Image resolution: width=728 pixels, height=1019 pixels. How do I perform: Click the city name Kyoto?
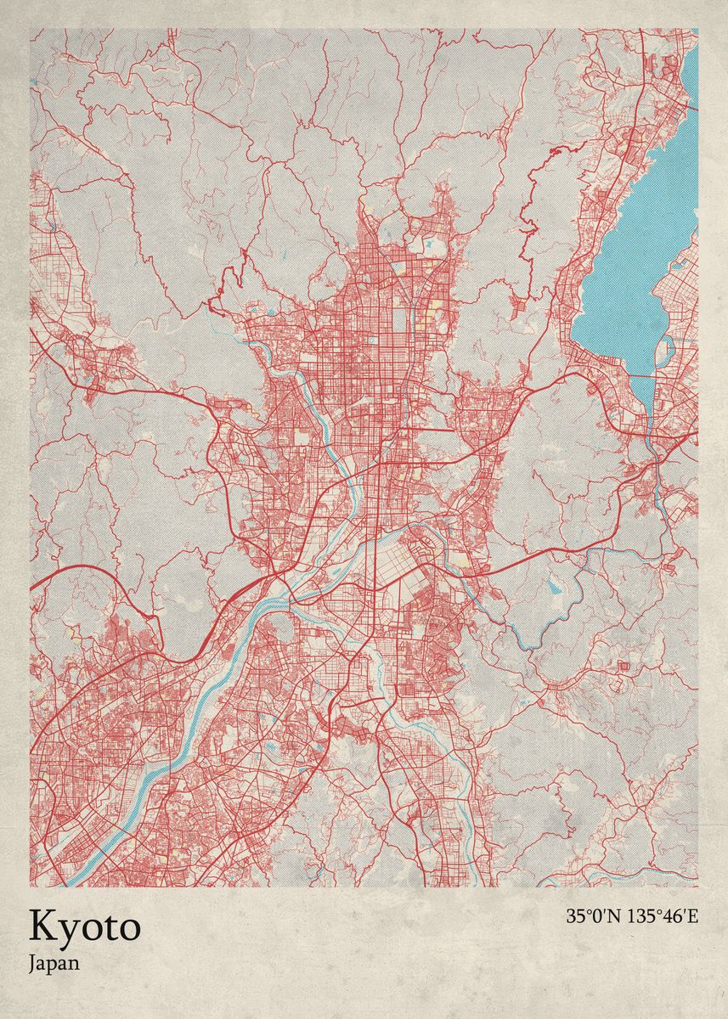tap(85, 927)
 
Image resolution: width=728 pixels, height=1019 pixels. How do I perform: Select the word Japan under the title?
tap(54, 964)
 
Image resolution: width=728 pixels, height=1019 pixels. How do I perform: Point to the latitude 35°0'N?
tap(593, 916)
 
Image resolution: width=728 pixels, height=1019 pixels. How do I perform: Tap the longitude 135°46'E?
tap(662, 916)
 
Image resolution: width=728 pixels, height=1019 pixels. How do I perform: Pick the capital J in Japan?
tap(32, 964)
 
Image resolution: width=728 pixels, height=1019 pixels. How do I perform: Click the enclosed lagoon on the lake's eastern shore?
tap(668, 348)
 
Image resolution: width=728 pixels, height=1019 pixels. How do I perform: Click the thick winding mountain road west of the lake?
tap(535, 195)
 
